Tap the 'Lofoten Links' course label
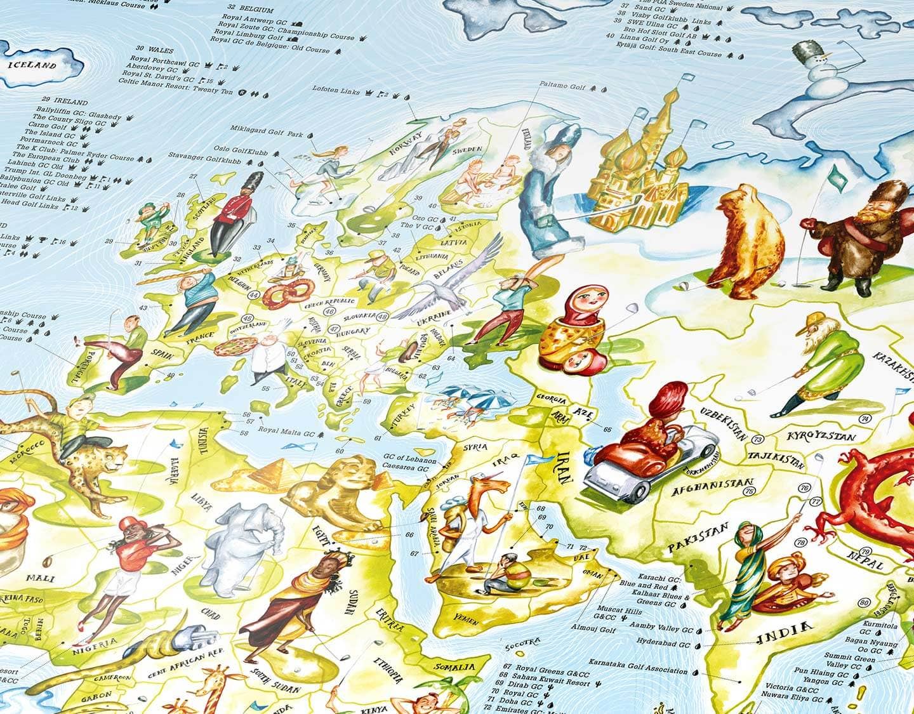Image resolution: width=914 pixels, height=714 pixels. tap(336, 93)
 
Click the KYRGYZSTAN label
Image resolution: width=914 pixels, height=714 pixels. tap(821, 437)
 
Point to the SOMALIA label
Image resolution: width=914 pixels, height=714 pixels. tap(453, 668)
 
